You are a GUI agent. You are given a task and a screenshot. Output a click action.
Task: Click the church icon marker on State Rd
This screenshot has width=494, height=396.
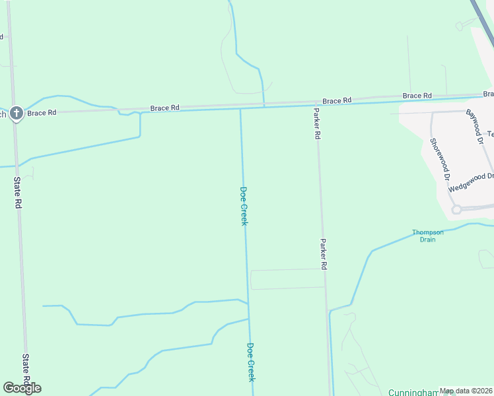tap(16, 114)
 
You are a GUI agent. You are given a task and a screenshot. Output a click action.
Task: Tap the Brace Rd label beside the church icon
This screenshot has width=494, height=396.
tap(42, 113)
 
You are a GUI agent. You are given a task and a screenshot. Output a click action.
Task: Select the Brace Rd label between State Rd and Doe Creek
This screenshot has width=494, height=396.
tap(164, 108)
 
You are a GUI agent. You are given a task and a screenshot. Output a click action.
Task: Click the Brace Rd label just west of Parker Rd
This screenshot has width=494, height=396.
tap(337, 100)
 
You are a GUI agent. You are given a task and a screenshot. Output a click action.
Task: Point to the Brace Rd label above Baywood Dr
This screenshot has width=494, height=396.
tap(417, 96)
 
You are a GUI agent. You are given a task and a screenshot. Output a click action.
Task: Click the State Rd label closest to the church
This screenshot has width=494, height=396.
tap(18, 193)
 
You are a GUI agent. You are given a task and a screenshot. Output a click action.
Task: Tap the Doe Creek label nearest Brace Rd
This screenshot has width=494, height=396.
tap(243, 206)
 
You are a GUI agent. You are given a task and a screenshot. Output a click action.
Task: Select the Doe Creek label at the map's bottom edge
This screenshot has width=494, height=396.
tap(250, 361)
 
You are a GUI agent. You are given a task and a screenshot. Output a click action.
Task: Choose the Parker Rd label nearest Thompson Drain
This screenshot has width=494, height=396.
tap(324, 254)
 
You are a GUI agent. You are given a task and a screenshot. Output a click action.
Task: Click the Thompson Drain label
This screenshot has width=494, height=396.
tap(427, 236)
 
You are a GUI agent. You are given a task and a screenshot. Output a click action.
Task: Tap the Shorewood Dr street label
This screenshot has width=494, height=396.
tap(439, 159)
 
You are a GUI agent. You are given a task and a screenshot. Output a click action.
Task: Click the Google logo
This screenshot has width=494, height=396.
tap(22, 387)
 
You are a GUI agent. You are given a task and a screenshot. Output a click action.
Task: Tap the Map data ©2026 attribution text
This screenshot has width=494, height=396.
tap(466, 391)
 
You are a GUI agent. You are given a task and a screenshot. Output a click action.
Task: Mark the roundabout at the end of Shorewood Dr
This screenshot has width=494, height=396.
tap(456, 209)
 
